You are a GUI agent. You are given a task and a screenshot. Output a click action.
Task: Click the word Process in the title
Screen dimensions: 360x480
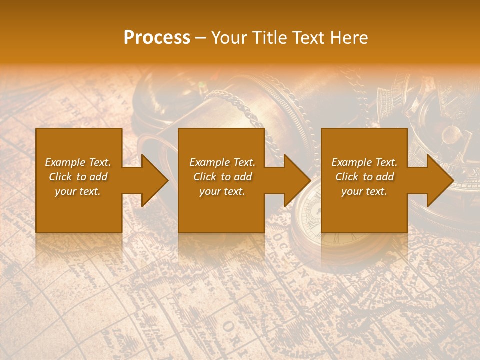point(157,38)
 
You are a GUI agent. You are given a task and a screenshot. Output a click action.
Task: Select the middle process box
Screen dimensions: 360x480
point(221,210)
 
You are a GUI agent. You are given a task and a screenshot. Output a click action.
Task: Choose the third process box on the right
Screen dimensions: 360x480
point(364,210)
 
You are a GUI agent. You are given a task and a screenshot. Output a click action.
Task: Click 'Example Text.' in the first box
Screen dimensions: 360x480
point(78,162)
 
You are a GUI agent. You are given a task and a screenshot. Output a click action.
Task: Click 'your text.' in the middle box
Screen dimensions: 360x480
point(222,191)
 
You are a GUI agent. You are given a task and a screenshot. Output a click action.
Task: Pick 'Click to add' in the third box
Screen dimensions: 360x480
point(365,177)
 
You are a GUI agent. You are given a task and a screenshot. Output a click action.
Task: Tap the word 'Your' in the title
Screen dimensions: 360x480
point(229,38)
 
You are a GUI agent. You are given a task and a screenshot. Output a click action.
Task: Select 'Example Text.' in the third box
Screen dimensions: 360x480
point(364,162)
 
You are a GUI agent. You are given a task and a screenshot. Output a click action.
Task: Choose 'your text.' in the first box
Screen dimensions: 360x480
point(78,191)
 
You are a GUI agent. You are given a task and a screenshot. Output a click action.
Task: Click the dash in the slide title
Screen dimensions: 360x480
point(201,38)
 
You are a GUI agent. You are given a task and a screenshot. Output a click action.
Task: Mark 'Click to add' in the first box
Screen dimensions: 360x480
point(78,177)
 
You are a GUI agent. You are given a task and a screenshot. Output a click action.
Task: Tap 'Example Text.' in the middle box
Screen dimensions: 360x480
point(222,162)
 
